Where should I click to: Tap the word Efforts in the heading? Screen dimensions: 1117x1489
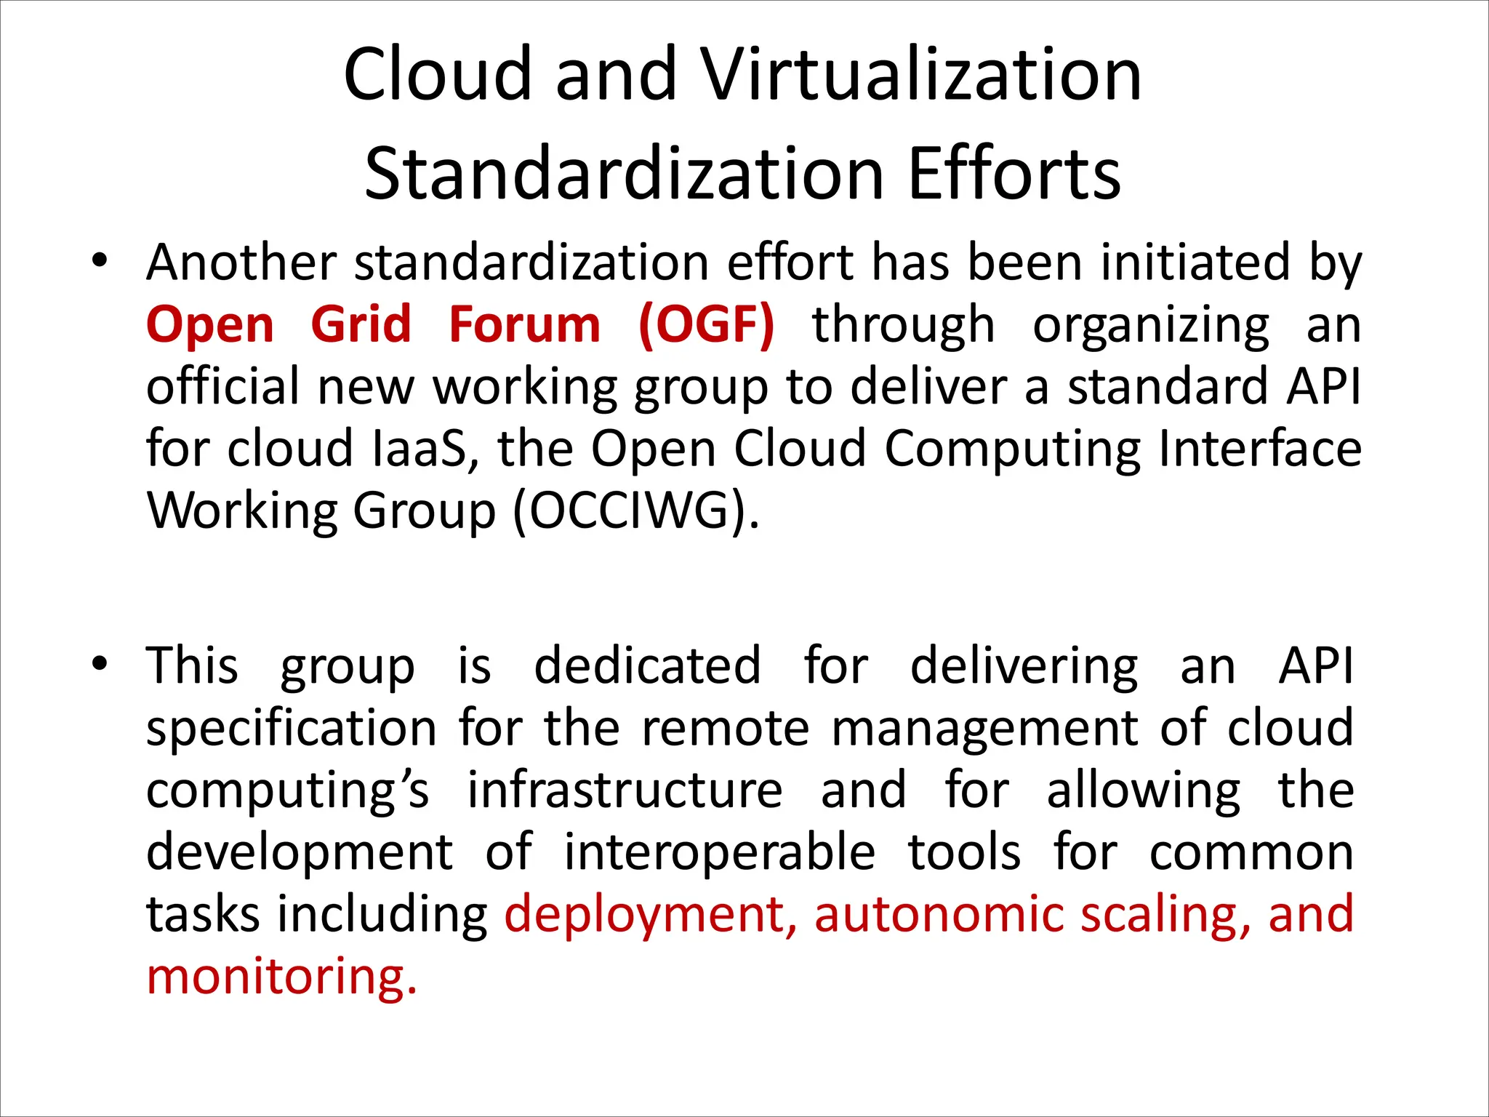click(x=1014, y=175)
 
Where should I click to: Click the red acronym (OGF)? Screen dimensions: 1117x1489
click(x=706, y=324)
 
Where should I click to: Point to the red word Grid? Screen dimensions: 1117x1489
click(x=361, y=324)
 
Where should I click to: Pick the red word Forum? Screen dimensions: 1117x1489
click(x=524, y=324)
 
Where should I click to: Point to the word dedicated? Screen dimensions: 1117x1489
click(x=647, y=665)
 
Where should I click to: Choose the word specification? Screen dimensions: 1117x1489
click(x=292, y=729)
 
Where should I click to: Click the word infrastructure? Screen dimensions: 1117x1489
click(x=625, y=790)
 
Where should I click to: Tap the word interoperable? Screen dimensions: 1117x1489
click(x=720, y=852)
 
